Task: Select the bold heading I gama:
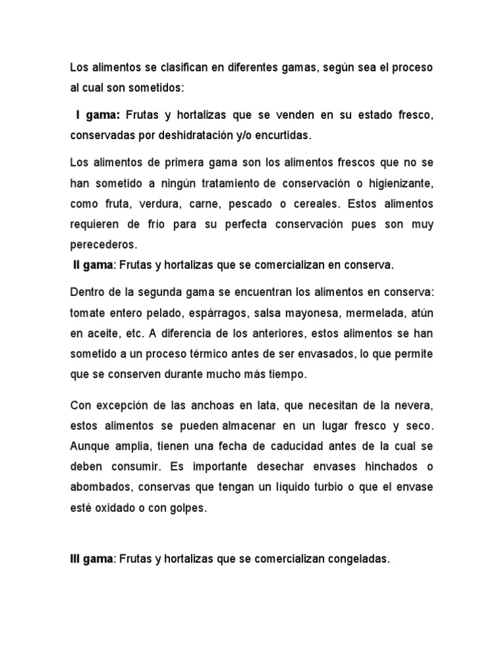pos(96,116)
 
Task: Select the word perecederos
pos(102,245)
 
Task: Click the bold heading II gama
pos(93,265)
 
